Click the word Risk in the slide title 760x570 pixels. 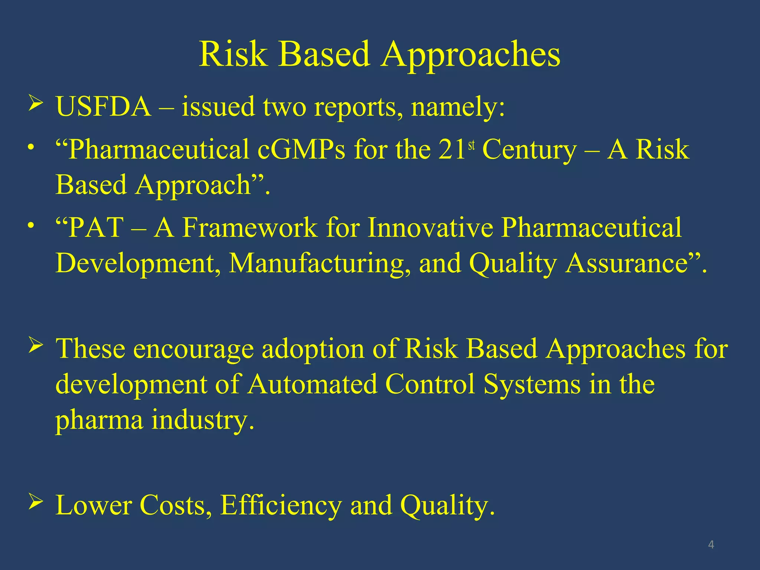point(233,55)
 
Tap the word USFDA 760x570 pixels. point(103,107)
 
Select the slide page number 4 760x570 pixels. point(711,545)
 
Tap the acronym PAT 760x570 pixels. point(96,227)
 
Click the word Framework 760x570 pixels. point(250,227)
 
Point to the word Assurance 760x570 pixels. point(627,263)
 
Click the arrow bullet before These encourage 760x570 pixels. point(36,346)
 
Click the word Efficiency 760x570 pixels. point(281,505)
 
